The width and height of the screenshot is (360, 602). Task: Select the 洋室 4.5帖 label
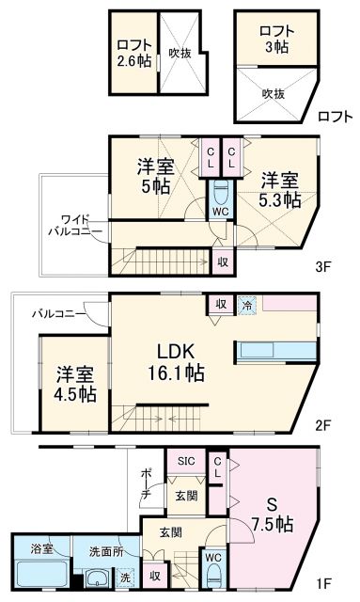[x=73, y=384]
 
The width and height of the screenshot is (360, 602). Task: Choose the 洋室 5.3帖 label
[x=279, y=188]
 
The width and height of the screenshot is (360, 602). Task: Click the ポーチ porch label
[x=147, y=485]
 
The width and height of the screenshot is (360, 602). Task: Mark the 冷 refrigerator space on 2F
[x=246, y=305]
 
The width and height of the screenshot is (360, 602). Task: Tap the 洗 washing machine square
[x=126, y=576]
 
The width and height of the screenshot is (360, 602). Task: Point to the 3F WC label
[x=219, y=212]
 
